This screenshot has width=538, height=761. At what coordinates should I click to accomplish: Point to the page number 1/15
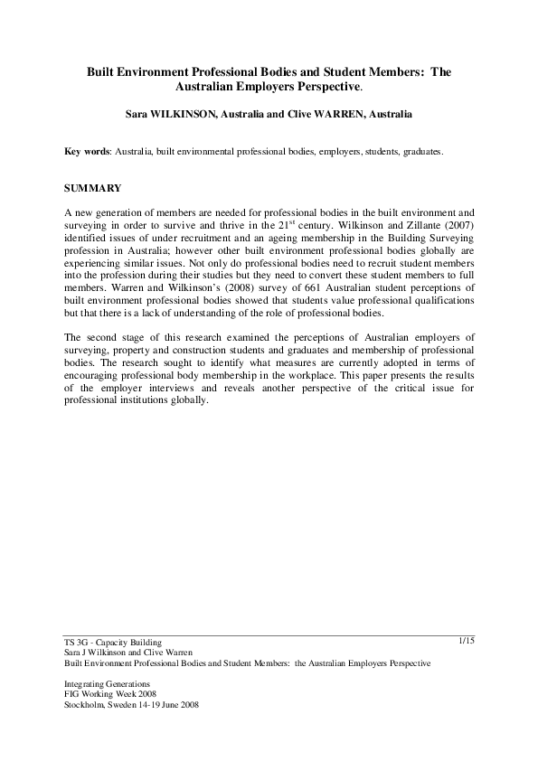(467, 641)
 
